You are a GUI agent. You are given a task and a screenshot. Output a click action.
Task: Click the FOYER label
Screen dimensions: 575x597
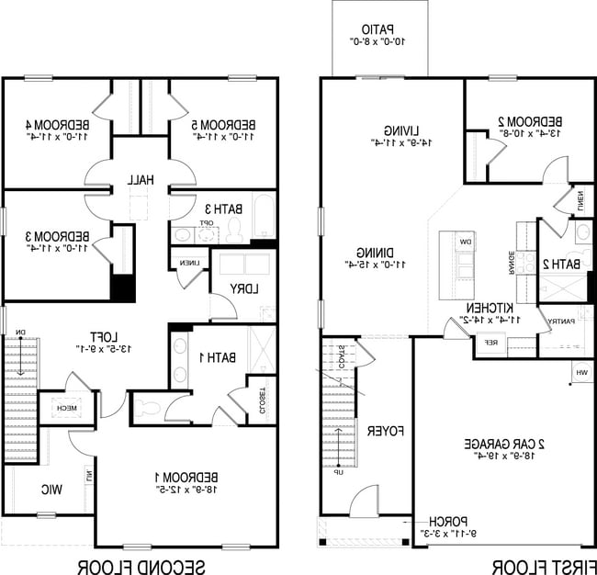click(375, 430)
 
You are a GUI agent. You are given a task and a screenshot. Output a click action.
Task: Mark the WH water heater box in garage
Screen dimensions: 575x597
click(581, 372)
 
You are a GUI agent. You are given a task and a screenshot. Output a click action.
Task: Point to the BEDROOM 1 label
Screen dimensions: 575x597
click(187, 477)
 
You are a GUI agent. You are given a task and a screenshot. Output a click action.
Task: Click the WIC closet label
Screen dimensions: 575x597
click(51, 490)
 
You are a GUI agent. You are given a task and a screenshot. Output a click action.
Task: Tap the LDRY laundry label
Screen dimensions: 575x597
click(244, 288)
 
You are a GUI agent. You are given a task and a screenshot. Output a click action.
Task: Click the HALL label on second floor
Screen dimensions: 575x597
click(141, 179)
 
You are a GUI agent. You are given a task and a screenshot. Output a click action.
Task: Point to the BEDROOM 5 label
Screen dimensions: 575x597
click(223, 125)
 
